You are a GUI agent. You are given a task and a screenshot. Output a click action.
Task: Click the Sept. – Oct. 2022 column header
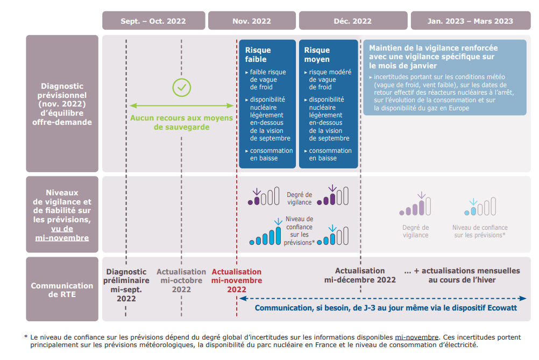pyautogui.click(x=153, y=21)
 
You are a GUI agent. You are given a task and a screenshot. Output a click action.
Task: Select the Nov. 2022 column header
pyautogui.click(x=252, y=21)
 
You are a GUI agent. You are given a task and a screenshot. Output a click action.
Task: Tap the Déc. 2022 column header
pyautogui.click(x=352, y=21)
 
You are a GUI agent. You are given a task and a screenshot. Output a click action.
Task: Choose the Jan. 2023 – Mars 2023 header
pyautogui.click(x=470, y=21)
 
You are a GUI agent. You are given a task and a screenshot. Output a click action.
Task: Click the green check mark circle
pyautogui.click(x=182, y=87)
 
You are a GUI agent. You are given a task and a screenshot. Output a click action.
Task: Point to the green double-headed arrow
pyautogui.click(x=182, y=105)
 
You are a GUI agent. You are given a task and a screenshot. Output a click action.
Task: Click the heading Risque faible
pyautogui.click(x=258, y=54)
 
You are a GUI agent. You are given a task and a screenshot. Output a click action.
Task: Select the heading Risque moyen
pyautogui.click(x=317, y=54)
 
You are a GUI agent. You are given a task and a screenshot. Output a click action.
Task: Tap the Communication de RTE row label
pyautogui.click(x=62, y=290)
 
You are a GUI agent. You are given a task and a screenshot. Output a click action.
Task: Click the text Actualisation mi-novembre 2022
pyautogui.click(x=237, y=280)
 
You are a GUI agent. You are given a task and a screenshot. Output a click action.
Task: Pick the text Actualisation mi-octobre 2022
pyautogui.click(x=181, y=280)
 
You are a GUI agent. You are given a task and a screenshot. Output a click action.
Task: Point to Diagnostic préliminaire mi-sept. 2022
pyautogui.click(x=126, y=285)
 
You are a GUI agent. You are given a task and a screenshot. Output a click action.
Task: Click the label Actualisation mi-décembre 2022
pyautogui.click(x=360, y=275)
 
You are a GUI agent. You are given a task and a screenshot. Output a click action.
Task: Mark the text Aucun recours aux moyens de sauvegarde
pyautogui.click(x=181, y=123)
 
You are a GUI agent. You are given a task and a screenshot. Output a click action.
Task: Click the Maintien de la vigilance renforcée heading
pyautogui.click(x=433, y=57)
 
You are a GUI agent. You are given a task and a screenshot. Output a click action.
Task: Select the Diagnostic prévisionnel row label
pyautogui.click(x=62, y=104)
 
